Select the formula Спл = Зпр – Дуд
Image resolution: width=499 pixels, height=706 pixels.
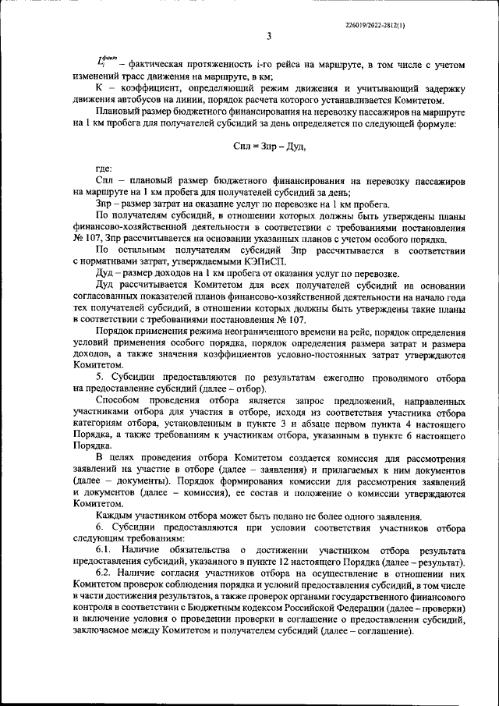[x=269, y=146]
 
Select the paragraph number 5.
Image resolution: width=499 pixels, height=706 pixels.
[x=99, y=378]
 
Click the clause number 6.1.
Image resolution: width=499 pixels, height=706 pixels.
[x=104, y=552]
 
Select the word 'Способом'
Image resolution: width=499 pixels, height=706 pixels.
[x=118, y=399]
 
